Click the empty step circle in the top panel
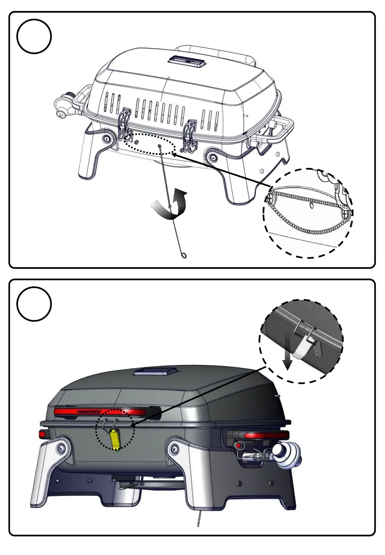[x=34, y=37]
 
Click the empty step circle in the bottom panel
[x=34, y=304]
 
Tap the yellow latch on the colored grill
[x=115, y=439]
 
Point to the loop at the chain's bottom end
[x=184, y=255]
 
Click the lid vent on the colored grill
[x=155, y=371]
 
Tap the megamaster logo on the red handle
[x=89, y=412]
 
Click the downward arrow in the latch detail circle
[x=287, y=356]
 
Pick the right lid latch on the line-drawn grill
[x=189, y=134]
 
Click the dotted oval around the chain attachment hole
[x=150, y=144]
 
